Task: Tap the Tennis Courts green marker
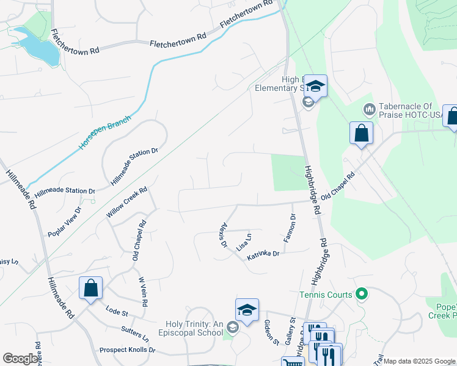coord(361,295)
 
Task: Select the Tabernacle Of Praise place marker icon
coord(368,110)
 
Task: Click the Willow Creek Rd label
coord(127,203)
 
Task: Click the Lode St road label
coord(116,313)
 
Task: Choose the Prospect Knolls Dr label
coord(127,350)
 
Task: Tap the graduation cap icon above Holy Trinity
coord(247,310)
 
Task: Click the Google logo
coord(21,359)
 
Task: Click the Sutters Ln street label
coord(136,334)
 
